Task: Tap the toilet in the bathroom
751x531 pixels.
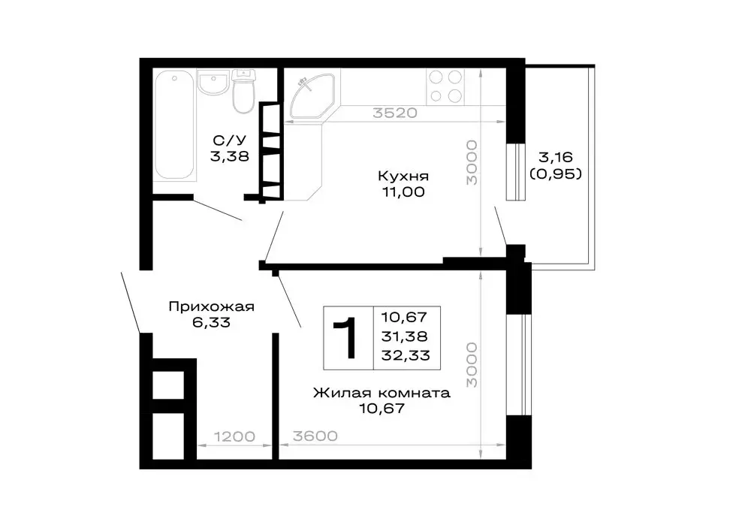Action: pos(243,92)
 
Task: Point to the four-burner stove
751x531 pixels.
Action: pos(445,86)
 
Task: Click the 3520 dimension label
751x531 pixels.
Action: pos(395,113)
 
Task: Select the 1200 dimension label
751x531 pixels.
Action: pos(234,436)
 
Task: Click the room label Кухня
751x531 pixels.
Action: pos(403,176)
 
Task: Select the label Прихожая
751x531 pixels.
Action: pos(211,306)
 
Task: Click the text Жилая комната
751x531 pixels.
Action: pos(382,393)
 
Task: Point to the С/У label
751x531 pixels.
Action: pos(229,140)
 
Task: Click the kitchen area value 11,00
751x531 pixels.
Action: pos(403,192)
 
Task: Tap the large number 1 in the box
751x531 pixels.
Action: pos(347,338)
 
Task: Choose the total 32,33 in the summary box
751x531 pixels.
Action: pos(406,355)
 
